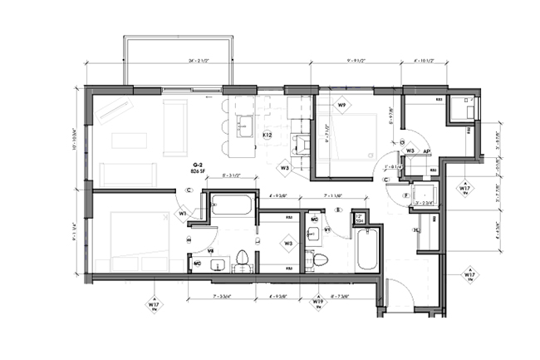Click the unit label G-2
(x=197, y=165)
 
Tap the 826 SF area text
(x=198, y=172)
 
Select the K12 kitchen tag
(x=268, y=135)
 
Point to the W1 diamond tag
(x=182, y=213)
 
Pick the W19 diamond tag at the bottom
(x=317, y=302)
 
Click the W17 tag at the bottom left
(x=154, y=305)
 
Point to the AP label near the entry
(x=426, y=152)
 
